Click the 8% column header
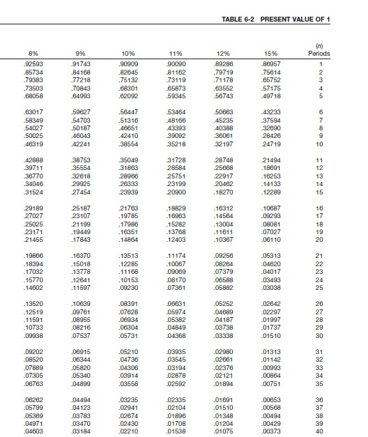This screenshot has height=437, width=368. [32, 53]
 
